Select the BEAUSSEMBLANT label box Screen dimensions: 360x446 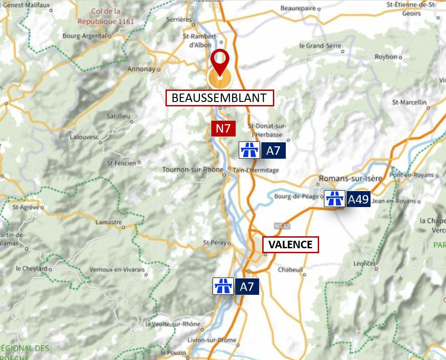click(219, 98)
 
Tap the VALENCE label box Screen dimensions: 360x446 click(291, 244)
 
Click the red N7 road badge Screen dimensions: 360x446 click(223, 129)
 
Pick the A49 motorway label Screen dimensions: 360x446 click(358, 199)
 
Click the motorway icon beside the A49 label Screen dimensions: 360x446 click(334, 199)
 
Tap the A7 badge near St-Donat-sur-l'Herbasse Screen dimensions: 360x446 click(273, 151)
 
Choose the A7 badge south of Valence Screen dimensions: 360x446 click(247, 287)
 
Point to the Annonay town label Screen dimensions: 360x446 click(141, 69)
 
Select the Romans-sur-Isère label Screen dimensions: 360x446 click(351, 179)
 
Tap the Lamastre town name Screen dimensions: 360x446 click(108, 222)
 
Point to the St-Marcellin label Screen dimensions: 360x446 click(409, 102)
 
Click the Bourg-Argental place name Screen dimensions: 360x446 click(84, 36)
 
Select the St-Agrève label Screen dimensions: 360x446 click(26, 207)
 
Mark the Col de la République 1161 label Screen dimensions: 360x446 click(105, 16)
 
